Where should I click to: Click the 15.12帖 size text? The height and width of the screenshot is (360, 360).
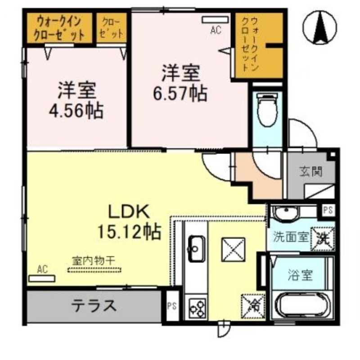[129, 232]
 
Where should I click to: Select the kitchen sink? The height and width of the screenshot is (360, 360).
[196, 247]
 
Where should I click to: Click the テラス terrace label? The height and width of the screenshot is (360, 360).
[94, 306]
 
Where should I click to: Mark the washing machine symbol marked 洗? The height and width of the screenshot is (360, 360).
[324, 237]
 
